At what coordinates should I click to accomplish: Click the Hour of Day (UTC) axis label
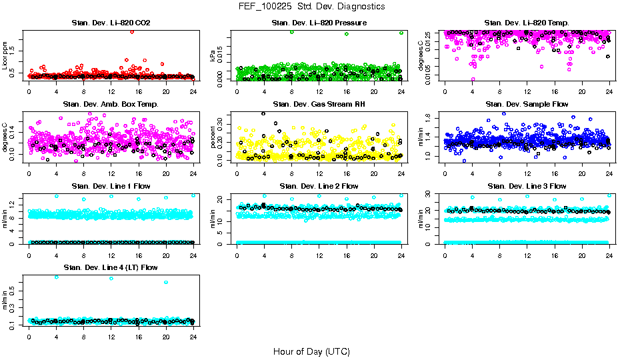311,351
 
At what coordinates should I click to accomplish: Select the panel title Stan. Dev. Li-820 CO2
111,23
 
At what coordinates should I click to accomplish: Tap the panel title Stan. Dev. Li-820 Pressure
319,23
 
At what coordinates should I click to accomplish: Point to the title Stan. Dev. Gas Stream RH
319,105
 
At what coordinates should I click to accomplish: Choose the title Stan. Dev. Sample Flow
527,105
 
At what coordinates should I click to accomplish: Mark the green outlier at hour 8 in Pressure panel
292,32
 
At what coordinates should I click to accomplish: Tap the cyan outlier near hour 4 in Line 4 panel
56,277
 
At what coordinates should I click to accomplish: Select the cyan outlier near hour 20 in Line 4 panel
165,282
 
